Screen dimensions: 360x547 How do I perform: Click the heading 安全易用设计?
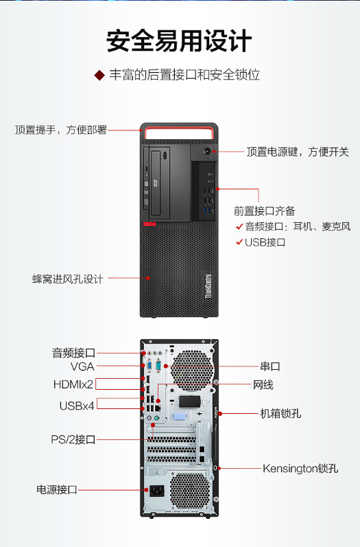pyautogui.click(x=179, y=41)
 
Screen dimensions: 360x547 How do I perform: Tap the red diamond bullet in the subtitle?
pyautogui.click(x=99, y=75)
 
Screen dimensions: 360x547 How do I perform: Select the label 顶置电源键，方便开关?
pyautogui.click(x=298, y=152)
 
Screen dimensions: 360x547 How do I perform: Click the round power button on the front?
pyautogui.click(x=207, y=152)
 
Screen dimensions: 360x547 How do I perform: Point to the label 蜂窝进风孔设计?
pyautogui.click(x=68, y=279)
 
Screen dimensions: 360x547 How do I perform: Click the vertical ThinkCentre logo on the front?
pyautogui.click(x=208, y=286)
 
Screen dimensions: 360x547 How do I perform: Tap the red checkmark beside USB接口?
pyautogui.click(x=239, y=242)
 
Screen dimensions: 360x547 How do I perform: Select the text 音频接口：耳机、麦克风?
pyautogui.click(x=298, y=226)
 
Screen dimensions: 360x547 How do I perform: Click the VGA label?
pyautogui.click(x=82, y=366)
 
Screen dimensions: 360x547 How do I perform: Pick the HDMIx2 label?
pyautogui.click(x=73, y=384)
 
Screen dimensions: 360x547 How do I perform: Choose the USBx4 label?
pyautogui.click(x=77, y=406)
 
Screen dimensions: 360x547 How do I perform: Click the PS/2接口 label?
pyautogui.click(x=73, y=439)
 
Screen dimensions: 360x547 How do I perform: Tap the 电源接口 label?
pyautogui.click(x=57, y=489)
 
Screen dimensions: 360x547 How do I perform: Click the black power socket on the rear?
pyautogui.click(x=157, y=491)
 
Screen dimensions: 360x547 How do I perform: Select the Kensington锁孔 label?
pyautogui.click(x=300, y=468)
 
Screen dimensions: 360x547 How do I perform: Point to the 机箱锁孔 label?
pyautogui.click(x=280, y=413)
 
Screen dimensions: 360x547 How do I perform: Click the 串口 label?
pyautogui.click(x=270, y=366)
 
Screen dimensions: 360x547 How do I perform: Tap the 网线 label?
pyautogui.click(x=263, y=385)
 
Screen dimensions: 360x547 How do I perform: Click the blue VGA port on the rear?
pyautogui.click(x=149, y=366)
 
